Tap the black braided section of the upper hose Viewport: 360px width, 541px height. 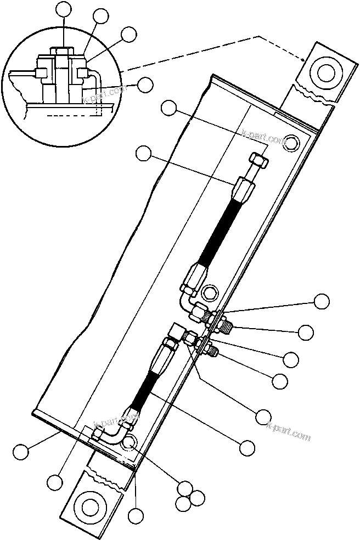pos(220,230)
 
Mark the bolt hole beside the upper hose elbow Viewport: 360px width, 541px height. pos(209,291)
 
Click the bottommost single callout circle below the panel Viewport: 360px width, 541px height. pos(136,516)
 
